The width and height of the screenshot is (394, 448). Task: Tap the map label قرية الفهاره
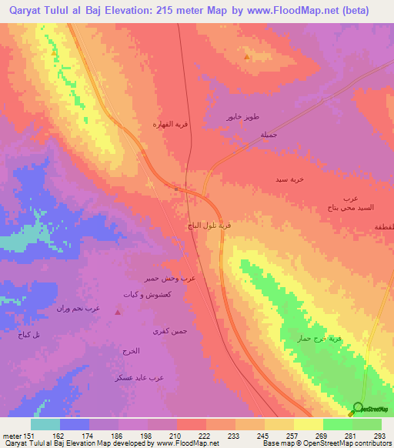pos(169,124)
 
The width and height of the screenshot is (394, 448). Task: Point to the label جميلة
pos(268,134)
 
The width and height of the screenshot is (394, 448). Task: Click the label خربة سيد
pos(289,179)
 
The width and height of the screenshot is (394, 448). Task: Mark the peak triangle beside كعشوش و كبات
pos(117,312)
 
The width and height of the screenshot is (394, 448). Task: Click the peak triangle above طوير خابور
pos(246,57)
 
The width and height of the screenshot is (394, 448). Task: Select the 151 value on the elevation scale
pos(32,435)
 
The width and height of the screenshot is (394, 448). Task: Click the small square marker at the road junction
pos(176,187)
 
